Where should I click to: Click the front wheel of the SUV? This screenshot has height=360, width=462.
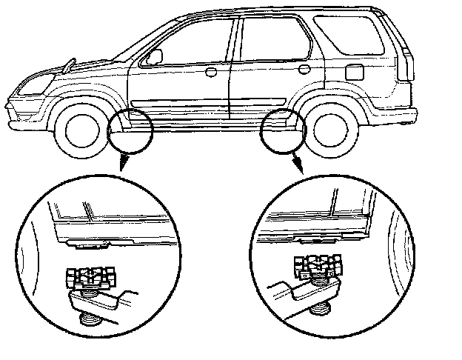[80, 131]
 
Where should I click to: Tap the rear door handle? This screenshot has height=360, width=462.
[304, 70]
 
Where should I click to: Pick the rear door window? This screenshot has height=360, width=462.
[273, 39]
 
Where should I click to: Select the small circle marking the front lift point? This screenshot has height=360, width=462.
[131, 127]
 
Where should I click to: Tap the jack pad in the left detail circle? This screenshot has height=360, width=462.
[90, 279]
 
